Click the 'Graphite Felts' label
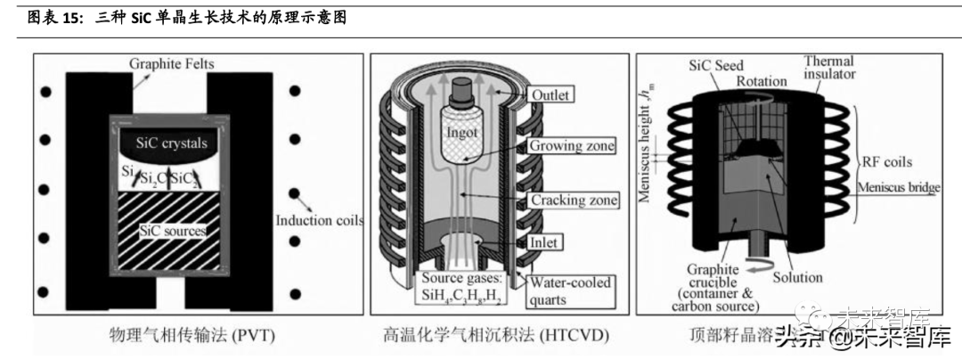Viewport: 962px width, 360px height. click(172, 64)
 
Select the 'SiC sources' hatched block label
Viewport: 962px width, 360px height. click(172, 231)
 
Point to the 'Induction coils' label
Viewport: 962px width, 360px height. click(319, 220)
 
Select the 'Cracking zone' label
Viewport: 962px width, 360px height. click(574, 200)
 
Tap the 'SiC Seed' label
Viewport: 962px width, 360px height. click(717, 66)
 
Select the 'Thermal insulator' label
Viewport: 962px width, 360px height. click(829, 68)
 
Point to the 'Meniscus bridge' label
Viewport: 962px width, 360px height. click(900, 187)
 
